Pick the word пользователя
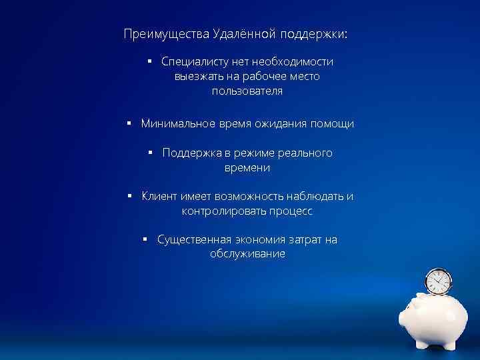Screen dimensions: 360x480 pos(247,91)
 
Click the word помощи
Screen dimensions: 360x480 pos(331,124)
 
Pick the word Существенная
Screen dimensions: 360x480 pos(194,240)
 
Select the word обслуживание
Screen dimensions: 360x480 pos(247,255)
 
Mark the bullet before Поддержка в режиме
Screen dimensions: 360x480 pos(151,153)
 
